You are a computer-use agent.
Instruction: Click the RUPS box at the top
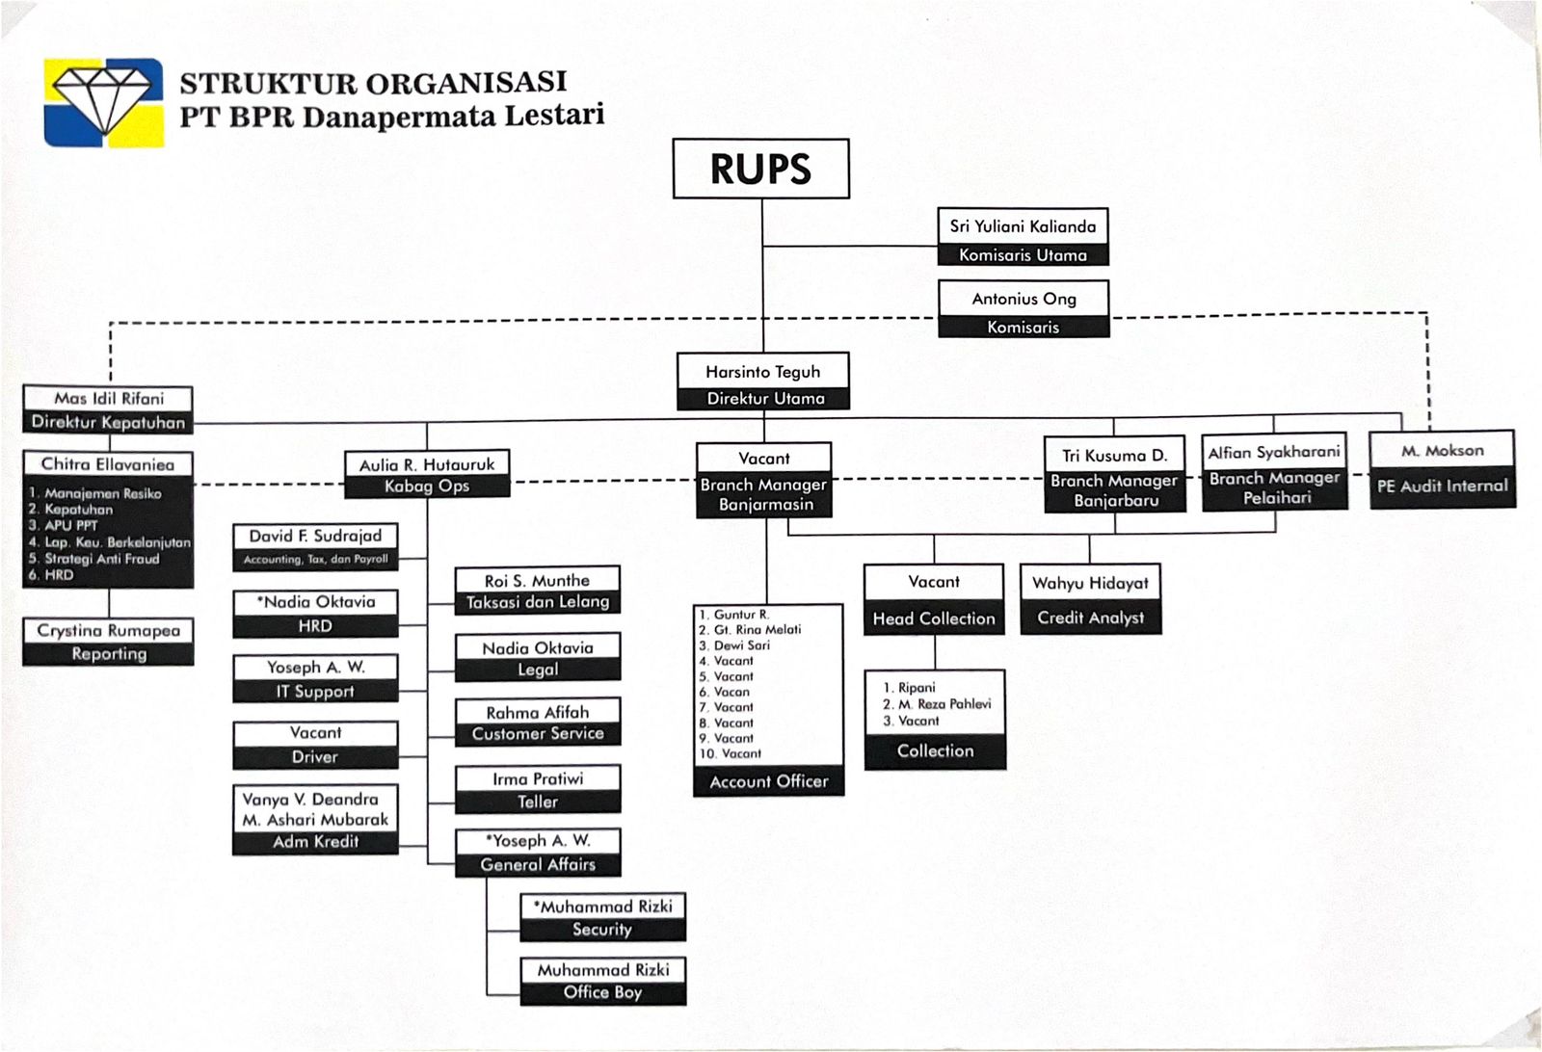click(760, 169)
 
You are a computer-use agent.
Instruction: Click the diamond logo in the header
click(103, 102)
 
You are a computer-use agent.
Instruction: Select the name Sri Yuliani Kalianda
click(1023, 226)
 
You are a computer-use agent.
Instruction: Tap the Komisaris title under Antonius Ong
click(1023, 328)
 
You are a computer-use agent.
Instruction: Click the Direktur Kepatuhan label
click(108, 422)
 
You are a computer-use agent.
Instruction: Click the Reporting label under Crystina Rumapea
click(109, 653)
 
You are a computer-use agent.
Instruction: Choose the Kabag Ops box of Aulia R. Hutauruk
click(427, 475)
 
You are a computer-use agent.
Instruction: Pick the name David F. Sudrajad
click(315, 536)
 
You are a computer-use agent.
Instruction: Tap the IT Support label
click(315, 691)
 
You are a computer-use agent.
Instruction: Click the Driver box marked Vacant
click(315, 745)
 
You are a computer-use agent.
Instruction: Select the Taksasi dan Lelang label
click(538, 602)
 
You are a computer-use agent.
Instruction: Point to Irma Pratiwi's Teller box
click(538, 790)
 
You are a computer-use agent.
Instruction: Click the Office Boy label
click(602, 992)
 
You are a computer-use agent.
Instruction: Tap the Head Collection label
click(934, 618)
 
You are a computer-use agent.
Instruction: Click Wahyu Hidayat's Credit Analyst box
click(1090, 599)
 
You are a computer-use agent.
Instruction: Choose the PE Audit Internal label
click(1442, 487)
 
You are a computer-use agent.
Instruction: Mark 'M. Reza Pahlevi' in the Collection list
click(944, 704)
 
